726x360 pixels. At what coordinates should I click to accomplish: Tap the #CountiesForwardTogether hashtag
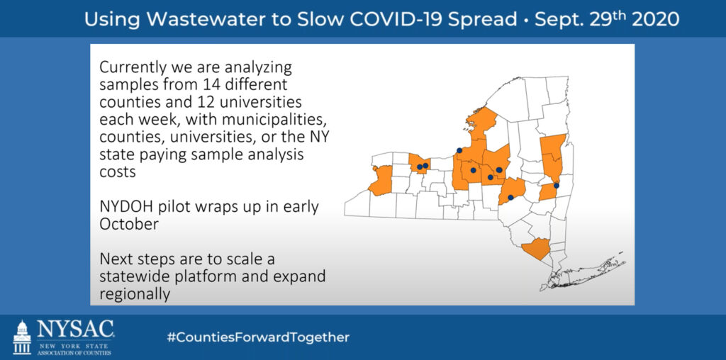coord(258,337)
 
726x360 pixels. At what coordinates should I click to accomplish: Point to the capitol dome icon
coord(22,337)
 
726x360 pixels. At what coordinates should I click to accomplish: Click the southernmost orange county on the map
coord(536,249)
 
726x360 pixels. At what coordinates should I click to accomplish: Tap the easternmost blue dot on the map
coord(557,186)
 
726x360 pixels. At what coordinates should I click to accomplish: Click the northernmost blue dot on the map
coord(459,150)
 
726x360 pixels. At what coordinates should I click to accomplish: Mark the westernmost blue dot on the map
coord(419,167)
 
